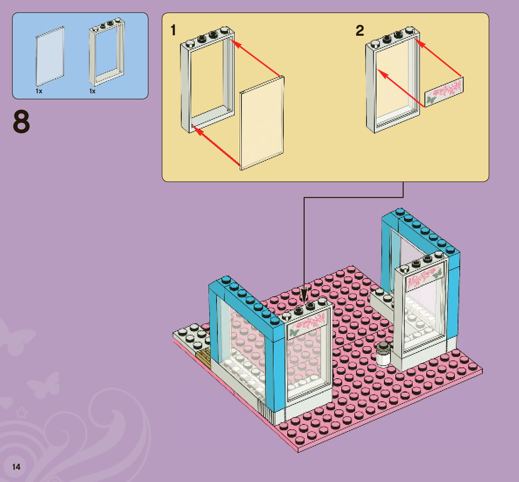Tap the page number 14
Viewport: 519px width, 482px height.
pyautogui.click(x=16, y=467)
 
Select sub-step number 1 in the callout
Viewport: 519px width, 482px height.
pyautogui.click(x=173, y=31)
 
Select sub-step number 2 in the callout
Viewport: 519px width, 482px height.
pyautogui.click(x=360, y=31)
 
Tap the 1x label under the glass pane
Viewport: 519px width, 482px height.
pyautogui.click(x=39, y=92)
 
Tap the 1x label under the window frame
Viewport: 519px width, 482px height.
pyautogui.click(x=92, y=92)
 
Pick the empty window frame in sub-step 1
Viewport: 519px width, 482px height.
pyautogui.click(x=207, y=83)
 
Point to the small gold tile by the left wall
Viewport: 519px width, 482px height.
pyautogui.click(x=204, y=358)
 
